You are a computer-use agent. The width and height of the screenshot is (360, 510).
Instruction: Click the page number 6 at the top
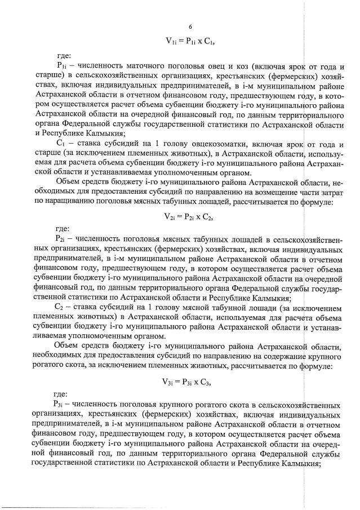point(190,27)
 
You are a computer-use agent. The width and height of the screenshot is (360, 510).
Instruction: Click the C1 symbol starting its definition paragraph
point(61,143)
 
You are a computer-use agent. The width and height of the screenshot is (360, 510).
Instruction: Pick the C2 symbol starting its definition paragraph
point(60,307)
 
